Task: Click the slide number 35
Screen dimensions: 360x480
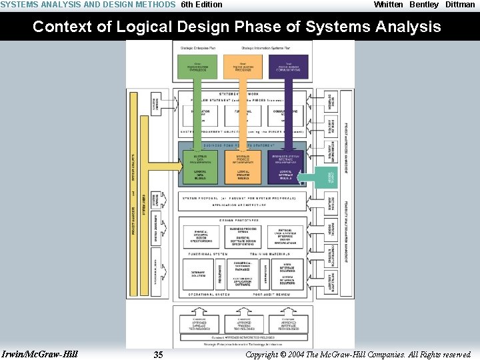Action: [158, 354]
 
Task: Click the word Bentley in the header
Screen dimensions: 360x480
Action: [424, 5]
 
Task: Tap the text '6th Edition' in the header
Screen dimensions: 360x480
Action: [202, 5]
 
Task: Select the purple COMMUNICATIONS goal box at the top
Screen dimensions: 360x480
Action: [289, 67]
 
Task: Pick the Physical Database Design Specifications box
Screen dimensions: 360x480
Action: [201, 237]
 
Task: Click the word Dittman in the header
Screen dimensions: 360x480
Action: [460, 5]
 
